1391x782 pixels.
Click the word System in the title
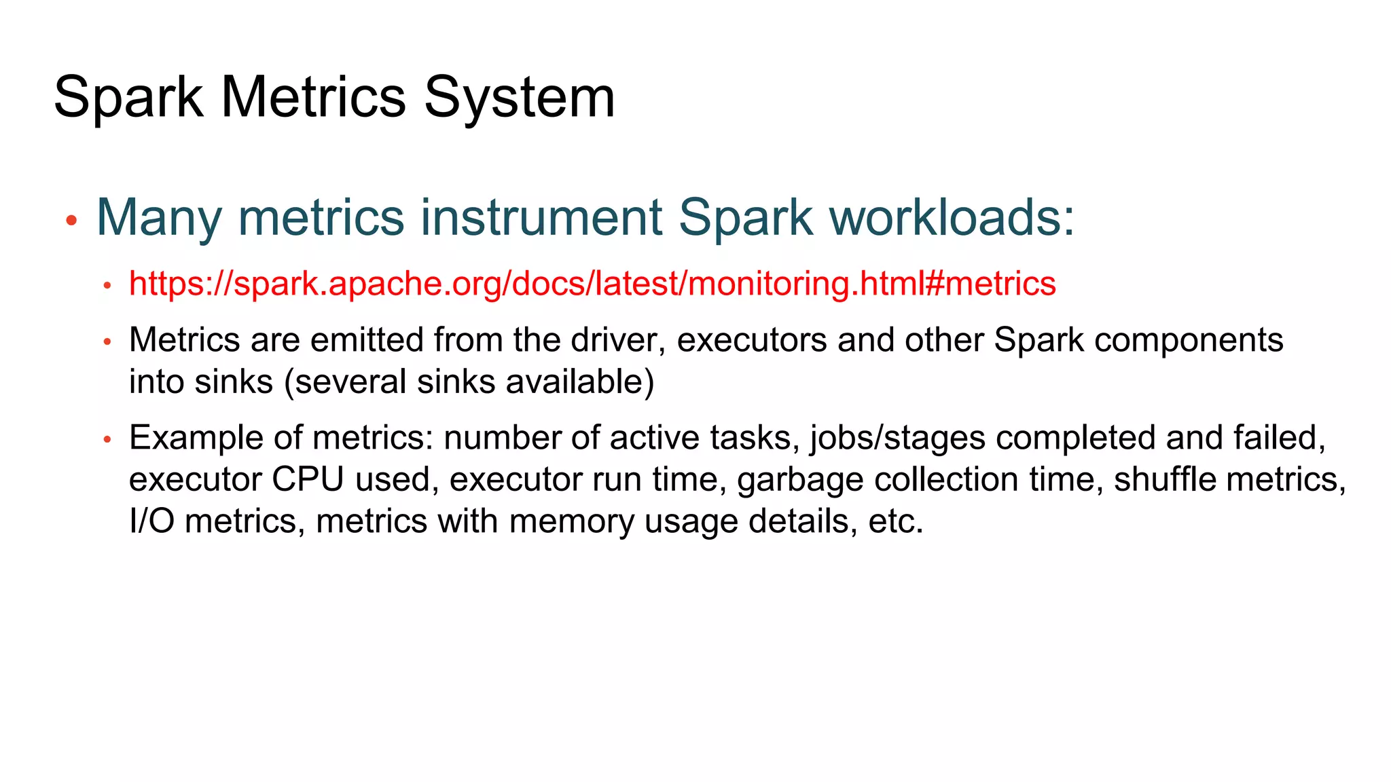pyautogui.click(x=520, y=98)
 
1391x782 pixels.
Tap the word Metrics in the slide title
pyautogui.click(x=313, y=98)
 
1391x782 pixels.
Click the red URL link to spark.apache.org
pyautogui.click(x=592, y=284)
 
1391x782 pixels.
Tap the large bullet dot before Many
pyautogui.click(x=71, y=221)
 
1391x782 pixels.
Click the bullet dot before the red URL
pyautogui.click(x=107, y=286)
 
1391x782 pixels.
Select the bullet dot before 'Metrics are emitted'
pyautogui.click(x=107, y=341)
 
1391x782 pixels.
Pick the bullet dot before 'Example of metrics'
pyautogui.click(x=107, y=440)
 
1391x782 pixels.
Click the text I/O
pyautogui.click(x=151, y=521)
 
